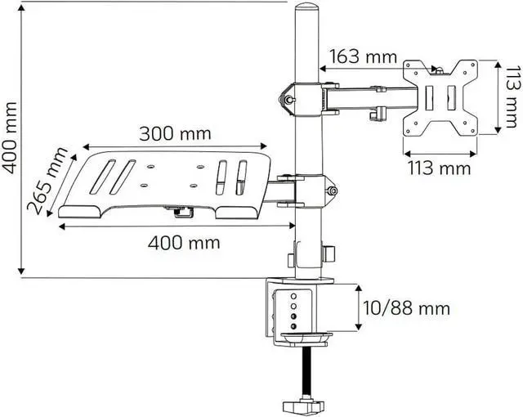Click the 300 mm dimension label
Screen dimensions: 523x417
tap(174, 132)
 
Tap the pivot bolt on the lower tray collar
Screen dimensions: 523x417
tap(332, 194)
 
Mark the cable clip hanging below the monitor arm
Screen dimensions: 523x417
tap(381, 114)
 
